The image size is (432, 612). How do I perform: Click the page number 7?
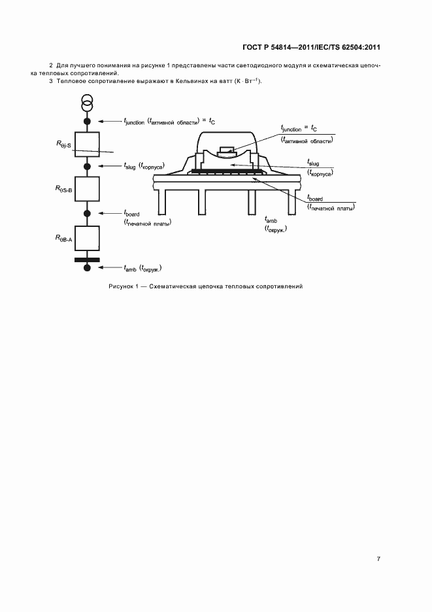[x=378, y=559]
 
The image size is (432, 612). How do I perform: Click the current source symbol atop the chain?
[x=87, y=103]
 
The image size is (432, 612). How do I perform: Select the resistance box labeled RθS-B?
[x=87, y=189]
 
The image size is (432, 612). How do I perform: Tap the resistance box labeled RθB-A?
[x=87, y=238]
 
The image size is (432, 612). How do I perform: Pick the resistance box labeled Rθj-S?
[x=87, y=144]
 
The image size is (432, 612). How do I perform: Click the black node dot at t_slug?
[x=88, y=167]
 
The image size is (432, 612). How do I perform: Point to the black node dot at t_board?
[x=88, y=214]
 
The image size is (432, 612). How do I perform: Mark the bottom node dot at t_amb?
[x=88, y=268]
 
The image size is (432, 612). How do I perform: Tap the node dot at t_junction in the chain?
[x=88, y=122]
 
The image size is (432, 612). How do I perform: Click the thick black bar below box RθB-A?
[x=87, y=260]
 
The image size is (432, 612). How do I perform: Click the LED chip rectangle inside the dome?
[x=227, y=150]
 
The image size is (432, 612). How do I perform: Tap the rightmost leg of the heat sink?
[x=292, y=202]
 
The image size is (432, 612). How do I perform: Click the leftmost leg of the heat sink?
[x=162, y=202]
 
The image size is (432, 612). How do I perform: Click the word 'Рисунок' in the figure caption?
[x=120, y=286]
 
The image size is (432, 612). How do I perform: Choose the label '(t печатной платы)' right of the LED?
[x=331, y=208]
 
